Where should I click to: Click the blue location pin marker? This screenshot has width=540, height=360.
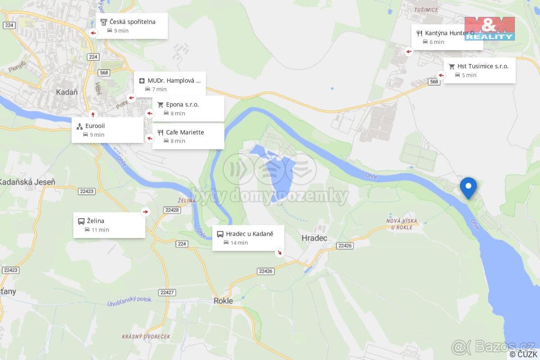[468, 187]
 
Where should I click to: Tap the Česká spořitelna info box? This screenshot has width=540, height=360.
[132, 26]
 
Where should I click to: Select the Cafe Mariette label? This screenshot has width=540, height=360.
[185, 132]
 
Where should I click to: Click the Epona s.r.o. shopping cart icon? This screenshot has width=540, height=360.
[160, 104]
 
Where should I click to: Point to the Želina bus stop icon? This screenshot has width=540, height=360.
[81, 221]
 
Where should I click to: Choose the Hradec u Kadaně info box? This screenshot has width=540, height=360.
[248, 238]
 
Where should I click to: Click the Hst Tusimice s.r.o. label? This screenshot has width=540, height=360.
[483, 66]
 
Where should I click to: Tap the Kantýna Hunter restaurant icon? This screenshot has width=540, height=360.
[419, 33]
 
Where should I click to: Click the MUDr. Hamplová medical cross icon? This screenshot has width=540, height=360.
[142, 81]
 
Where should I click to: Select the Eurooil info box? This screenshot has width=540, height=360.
[108, 130]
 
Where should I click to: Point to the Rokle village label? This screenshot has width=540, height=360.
[223, 301]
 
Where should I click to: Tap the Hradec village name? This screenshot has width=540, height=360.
[314, 238]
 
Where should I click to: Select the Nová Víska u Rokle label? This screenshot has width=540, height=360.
[402, 224]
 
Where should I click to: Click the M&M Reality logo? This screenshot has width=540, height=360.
[489, 28]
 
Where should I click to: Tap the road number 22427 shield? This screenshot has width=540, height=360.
[166, 292]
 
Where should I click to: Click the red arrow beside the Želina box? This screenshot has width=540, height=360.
[145, 211]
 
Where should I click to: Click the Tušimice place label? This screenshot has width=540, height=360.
[425, 9]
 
